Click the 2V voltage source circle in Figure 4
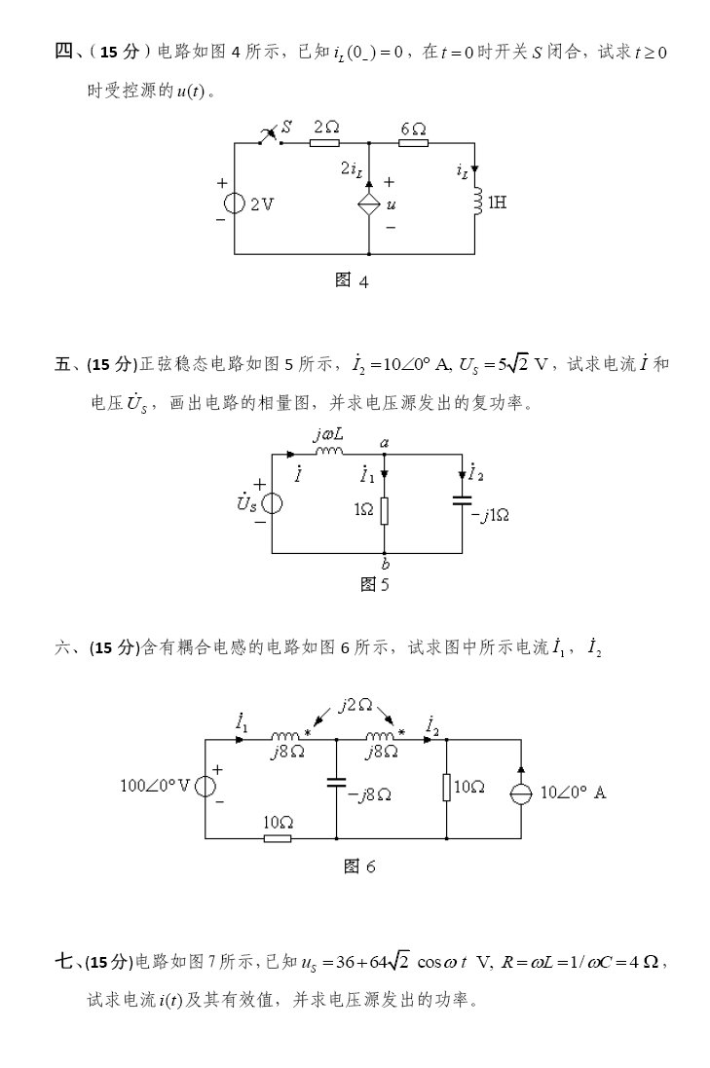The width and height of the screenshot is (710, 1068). [235, 203]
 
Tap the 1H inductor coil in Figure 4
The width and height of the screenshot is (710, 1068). [476, 203]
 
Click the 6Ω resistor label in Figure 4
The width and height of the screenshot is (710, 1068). [413, 128]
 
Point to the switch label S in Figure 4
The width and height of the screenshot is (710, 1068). [287, 127]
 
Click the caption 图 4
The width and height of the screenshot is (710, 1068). [352, 280]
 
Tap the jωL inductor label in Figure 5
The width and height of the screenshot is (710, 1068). [328, 435]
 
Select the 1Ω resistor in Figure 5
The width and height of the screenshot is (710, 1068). [385, 508]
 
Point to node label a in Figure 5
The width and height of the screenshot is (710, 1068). [385, 443]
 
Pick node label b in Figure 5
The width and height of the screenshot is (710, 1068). [386, 564]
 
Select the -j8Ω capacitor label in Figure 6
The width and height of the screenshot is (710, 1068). [370, 794]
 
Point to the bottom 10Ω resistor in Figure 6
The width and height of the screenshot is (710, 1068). [278, 837]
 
